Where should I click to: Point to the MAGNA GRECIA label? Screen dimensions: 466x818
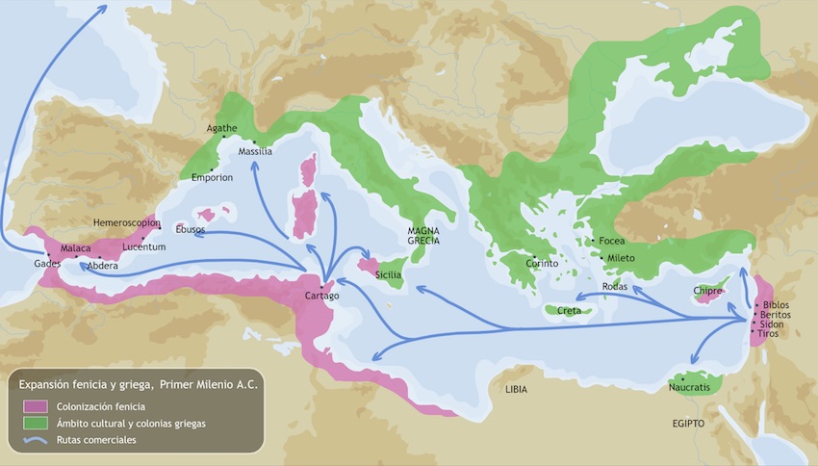point(423,236)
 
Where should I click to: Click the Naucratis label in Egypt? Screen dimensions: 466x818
point(689,387)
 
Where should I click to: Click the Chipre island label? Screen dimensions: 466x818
point(709,291)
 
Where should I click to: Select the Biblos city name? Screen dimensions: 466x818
point(775,304)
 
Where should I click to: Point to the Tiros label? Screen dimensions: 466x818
point(769,334)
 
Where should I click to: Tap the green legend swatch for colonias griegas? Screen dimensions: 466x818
point(36,423)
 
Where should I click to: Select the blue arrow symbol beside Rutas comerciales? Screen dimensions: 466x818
point(36,440)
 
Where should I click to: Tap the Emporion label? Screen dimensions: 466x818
point(213,177)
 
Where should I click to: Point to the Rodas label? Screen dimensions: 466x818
point(615,287)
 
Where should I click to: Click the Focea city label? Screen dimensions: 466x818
point(612,241)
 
